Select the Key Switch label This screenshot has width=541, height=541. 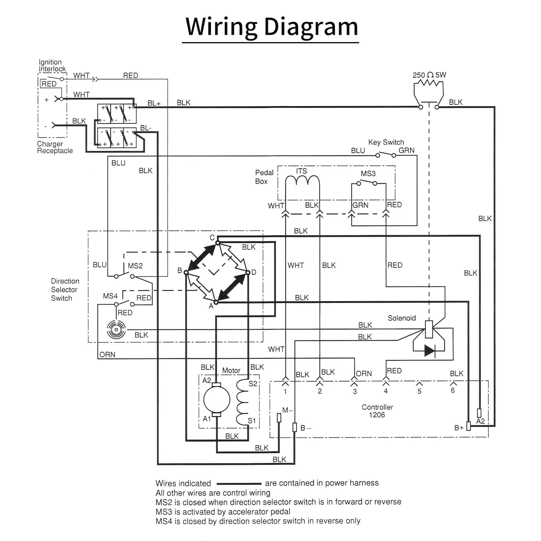(x=386, y=142)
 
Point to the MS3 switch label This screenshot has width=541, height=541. (x=368, y=174)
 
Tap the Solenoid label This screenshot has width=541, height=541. (x=402, y=318)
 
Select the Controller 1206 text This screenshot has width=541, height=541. (x=377, y=411)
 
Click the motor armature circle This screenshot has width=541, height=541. (x=217, y=399)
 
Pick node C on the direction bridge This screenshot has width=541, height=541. (x=218, y=243)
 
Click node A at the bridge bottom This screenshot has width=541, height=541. (x=216, y=302)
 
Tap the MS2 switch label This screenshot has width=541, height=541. (x=135, y=266)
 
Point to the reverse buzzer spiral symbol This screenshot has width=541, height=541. (x=116, y=330)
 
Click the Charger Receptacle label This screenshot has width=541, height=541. (x=55, y=147)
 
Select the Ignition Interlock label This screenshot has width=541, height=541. (x=52, y=66)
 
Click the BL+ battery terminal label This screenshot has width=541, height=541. (x=154, y=103)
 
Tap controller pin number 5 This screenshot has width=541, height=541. (x=419, y=391)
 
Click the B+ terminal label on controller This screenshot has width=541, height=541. (x=459, y=428)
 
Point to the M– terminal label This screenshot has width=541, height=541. (x=287, y=410)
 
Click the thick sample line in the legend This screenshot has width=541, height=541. (x=239, y=484)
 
